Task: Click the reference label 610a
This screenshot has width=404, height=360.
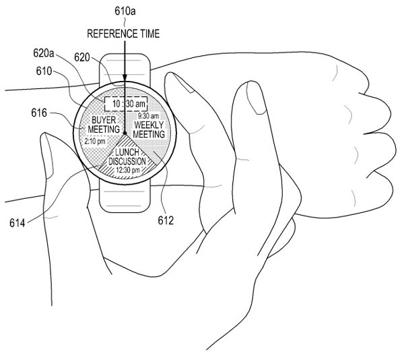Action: tap(125, 11)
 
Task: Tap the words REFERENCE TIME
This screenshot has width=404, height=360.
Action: tap(123, 34)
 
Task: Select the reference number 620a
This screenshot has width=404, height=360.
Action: tap(44, 53)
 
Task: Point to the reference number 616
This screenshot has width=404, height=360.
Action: tap(39, 113)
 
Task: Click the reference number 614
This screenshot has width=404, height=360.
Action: tap(18, 223)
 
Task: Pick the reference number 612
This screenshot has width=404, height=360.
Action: tap(166, 220)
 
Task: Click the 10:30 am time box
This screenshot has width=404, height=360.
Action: tap(126, 104)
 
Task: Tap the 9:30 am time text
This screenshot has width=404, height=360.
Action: tap(148, 116)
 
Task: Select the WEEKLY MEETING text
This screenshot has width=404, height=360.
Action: tap(149, 129)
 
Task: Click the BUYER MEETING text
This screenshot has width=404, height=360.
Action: tap(104, 125)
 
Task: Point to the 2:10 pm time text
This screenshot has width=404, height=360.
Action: tap(95, 141)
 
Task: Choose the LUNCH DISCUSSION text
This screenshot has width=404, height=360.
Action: tap(127, 157)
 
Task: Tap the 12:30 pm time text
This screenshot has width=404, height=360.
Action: tap(128, 170)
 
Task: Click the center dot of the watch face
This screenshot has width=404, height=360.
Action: tap(125, 133)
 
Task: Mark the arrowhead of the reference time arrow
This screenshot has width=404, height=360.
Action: tap(125, 78)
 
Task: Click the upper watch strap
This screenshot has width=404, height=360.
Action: tap(125, 68)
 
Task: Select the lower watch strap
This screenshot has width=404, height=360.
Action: tap(125, 198)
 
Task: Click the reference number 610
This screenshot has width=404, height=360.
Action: tap(44, 71)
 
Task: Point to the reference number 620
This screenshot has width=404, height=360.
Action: tap(82, 57)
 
